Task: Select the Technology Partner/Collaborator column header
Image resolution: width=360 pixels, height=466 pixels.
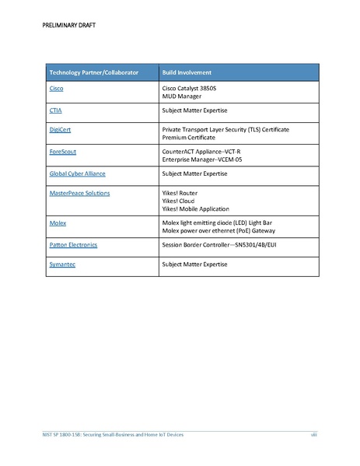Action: click(x=93, y=72)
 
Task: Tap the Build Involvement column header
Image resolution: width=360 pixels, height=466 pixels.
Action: click(x=187, y=72)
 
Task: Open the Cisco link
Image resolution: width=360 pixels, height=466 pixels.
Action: click(x=56, y=89)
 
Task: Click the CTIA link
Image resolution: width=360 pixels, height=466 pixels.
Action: click(x=55, y=111)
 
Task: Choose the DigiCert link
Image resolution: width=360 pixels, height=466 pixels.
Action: click(x=61, y=129)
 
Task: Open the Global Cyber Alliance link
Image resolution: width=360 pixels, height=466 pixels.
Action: click(x=77, y=173)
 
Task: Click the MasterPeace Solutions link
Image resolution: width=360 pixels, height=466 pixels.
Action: click(x=79, y=192)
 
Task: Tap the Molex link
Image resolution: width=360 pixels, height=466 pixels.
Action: click(x=57, y=222)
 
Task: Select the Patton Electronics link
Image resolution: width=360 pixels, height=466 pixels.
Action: click(x=73, y=244)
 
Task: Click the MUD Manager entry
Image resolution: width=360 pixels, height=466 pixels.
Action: click(x=181, y=96)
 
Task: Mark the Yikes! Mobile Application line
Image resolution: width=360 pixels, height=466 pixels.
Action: click(x=195, y=208)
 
